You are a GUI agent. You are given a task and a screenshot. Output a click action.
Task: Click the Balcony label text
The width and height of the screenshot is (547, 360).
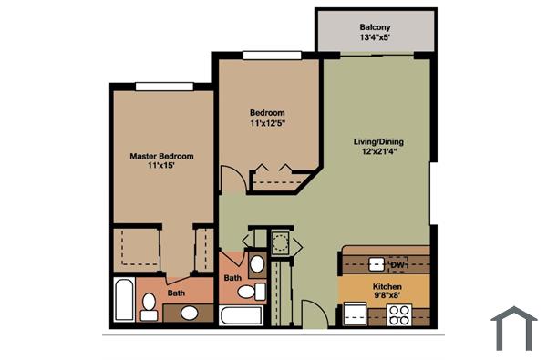pyautogui.click(x=375, y=27)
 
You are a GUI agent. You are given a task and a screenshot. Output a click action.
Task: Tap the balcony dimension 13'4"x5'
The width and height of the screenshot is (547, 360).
pyautogui.click(x=375, y=38)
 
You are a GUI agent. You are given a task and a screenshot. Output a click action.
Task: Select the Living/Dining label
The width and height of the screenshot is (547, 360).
pyautogui.click(x=378, y=142)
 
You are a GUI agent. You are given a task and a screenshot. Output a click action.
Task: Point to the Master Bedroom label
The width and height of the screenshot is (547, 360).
pyautogui.click(x=161, y=156)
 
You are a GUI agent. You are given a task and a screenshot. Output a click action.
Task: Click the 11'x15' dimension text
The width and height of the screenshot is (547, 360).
pyautogui.click(x=161, y=168)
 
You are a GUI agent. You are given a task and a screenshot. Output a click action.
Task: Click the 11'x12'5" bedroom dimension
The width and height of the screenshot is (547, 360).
pyautogui.click(x=268, y=124)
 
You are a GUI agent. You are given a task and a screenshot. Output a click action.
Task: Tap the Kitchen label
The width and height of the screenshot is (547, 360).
pyautogui.click(x=387, y=286)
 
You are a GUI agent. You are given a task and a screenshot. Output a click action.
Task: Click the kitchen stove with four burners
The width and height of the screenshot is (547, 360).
pyautogui.click(x=399, y=314)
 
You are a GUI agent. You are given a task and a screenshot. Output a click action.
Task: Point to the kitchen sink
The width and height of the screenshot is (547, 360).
pyautogui.click(x=376, y=264)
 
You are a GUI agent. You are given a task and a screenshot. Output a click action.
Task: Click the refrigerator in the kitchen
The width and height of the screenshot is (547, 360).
pyautogui.click(x=353, y=314)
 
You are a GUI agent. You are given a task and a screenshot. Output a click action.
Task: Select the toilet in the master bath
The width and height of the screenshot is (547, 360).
pyautogui.click(x=149, y=302)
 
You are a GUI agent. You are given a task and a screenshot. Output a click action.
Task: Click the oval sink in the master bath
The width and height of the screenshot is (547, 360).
pyautogui.click(x=190, y=313)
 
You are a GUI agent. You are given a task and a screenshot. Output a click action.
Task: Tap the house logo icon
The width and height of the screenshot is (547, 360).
pyautogui.click(x=513, y=328)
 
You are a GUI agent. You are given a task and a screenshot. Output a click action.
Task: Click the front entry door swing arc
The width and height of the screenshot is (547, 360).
pyautogui.click(x=313, y=312)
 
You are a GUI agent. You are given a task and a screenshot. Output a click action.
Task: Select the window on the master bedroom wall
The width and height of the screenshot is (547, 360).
pyautogui.click(x=163, y=87)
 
